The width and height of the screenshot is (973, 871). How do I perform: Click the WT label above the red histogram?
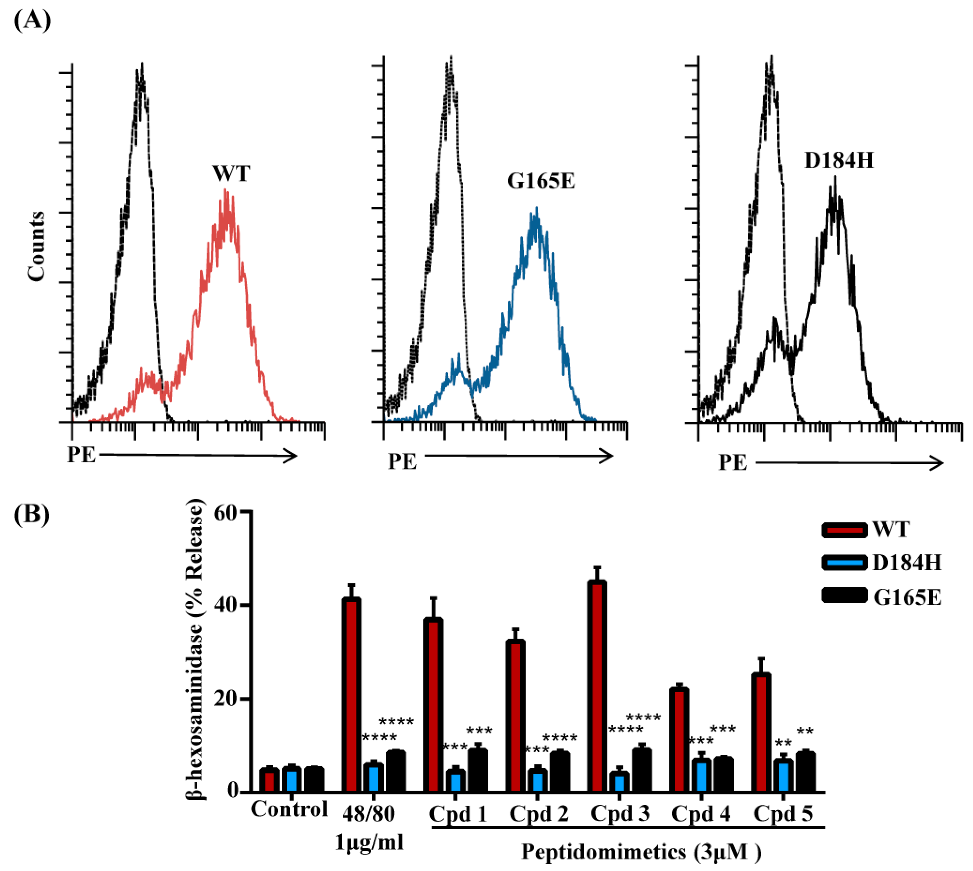231,173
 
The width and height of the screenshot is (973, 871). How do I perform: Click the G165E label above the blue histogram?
541,181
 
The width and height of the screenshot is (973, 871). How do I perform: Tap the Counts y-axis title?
36,246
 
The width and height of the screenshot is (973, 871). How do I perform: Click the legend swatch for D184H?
844,562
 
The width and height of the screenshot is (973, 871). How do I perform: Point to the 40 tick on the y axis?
244,605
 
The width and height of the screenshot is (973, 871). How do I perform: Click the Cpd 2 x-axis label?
538,813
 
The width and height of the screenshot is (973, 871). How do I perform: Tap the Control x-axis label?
289,809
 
